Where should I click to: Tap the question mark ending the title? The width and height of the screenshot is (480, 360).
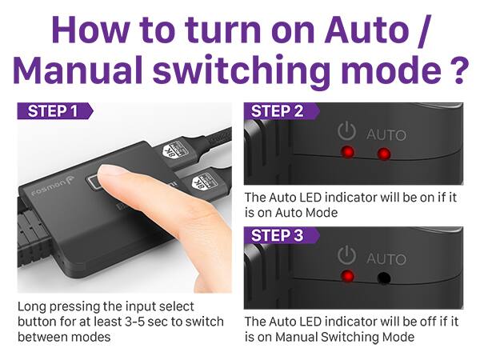454,70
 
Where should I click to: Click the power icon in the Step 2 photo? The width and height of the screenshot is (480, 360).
346,131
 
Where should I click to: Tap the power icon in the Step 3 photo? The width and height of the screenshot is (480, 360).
346,256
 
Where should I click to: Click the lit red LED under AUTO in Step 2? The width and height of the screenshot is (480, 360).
384,154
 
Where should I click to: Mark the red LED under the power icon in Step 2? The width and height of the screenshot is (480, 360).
346,153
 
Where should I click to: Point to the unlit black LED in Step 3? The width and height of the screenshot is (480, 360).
384,278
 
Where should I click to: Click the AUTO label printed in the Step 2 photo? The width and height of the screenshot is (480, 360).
386,134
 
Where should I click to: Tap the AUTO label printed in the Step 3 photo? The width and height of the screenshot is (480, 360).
386,258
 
